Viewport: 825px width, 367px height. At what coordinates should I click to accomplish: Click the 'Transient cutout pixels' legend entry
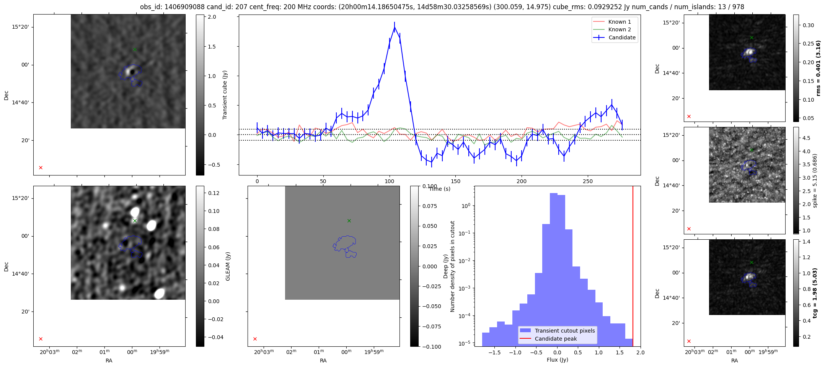(x=565, y=331)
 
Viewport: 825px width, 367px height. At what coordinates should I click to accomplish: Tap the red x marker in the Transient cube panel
(x=41, y=167)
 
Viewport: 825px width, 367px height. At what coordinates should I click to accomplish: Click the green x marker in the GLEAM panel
(x=135, y=221)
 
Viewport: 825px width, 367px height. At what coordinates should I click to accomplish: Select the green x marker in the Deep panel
(x=349, y=221)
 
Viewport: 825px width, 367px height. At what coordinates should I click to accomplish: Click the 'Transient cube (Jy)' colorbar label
(x=225, y=95)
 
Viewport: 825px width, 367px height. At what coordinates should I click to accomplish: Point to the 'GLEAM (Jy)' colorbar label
(x=228, y=266)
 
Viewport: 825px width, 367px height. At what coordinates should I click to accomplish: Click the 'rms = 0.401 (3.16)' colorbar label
(x=818, y=68)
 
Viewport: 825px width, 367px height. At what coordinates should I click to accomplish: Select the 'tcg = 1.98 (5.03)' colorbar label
(x=815, y=293)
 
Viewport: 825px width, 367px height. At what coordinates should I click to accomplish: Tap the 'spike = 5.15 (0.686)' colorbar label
(x=815, y=180)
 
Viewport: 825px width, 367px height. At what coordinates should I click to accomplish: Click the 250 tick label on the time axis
(x=587, y=182)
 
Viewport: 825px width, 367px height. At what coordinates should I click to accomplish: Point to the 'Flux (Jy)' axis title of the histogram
(x=557, y=360)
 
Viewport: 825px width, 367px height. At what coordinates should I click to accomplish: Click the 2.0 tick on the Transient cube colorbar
(x=212, y=17)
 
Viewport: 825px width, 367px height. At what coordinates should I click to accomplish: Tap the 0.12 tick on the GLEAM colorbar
(x=214, y=193)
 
